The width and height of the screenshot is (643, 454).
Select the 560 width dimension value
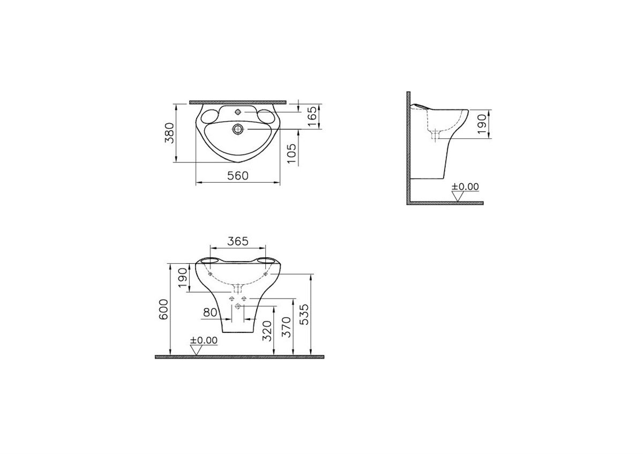[x=238, y=176]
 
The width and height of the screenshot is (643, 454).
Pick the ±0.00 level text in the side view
[x=465, y=187]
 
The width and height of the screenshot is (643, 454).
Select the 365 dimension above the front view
[x=237, y=241]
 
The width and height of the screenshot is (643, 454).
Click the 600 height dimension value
[x=164, y=309]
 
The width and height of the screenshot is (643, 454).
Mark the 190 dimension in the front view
[x=183, y=278]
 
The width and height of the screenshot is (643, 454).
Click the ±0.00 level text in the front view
[x=205, y=340]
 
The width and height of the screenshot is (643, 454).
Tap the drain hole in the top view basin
[x=238, y=129]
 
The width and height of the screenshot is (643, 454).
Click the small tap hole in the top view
[x=238, y=113]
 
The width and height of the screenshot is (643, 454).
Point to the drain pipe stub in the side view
[x=436, y=136]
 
